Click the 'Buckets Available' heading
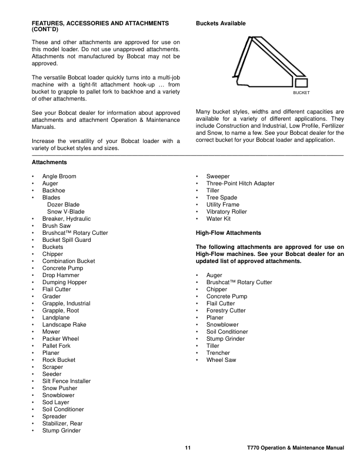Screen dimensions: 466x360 click(x=221, y=23)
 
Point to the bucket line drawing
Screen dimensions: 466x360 click(x=271, y=62)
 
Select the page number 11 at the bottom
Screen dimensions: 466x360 click(x=188, y=449)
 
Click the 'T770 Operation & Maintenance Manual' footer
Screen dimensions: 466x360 click(x=295, y=449)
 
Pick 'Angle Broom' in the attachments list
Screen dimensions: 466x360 click(x=59, y=177)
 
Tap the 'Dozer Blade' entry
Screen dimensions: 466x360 click(x=64, y=205)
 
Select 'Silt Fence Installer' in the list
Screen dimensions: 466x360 click(x=66, y=381)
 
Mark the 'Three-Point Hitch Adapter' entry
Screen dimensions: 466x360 click(x=240, y=184)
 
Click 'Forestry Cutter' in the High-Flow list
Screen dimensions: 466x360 click(x=226, y=311)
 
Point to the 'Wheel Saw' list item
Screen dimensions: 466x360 click(x=221, y=360)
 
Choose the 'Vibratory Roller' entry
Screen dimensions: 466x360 click(x=226, y=212)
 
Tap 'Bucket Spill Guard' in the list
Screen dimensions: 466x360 click(x=66, y=240)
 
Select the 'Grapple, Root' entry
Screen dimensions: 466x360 click(x=61, y=311)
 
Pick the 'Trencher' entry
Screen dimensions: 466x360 click(x=218, y=353)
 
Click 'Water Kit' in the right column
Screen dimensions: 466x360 click(x=218, y=219)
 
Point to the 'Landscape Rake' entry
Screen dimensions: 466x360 click(x=64, y=325)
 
